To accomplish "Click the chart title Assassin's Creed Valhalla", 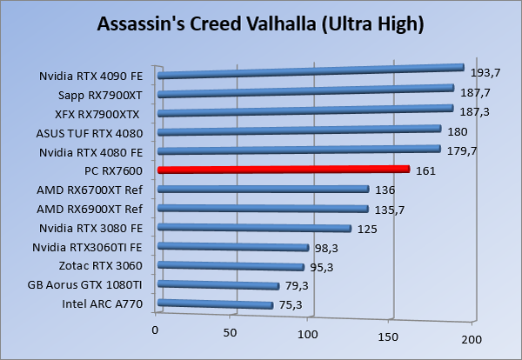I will [261, 23].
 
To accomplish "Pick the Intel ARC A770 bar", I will [216, 303].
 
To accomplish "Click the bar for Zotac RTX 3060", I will [231, 266].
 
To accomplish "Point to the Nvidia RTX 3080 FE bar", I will [254, 228].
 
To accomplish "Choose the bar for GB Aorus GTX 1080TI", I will [218, 284].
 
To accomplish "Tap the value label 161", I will [425, 171].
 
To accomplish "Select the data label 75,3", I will [291, 304].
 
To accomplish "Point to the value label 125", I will [367, 229].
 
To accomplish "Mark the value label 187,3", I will [472, 113].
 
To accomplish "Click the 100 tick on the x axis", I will [308, 333].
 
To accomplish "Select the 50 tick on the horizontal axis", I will [231, 331].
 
